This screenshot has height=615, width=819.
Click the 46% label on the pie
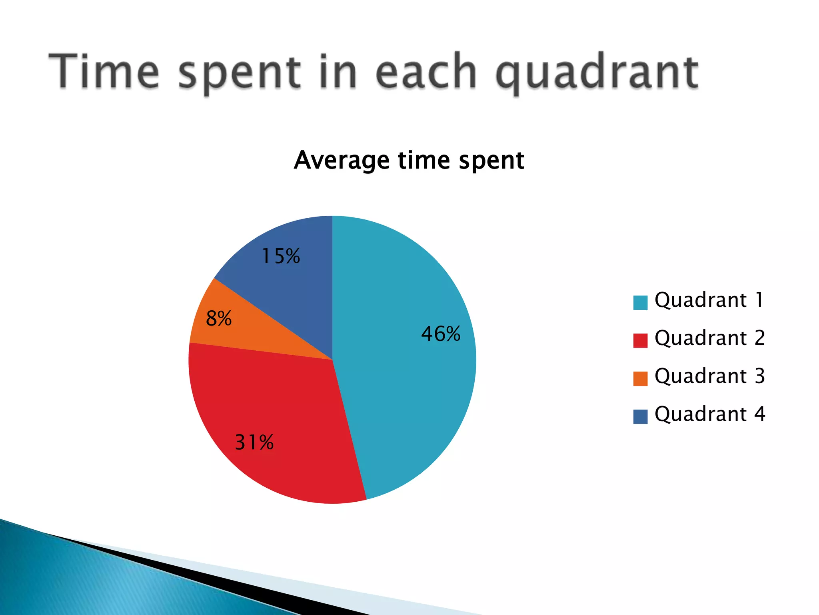click(x=441, y=334)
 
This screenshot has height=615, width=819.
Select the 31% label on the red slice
click(x=254, y=442)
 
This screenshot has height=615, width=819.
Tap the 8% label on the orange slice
click(x=219, y=319)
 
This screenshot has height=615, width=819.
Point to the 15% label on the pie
click(x=280, y=256)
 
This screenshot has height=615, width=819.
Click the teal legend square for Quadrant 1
click(x=640, y=303)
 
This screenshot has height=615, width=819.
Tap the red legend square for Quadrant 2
click(x=640, y=340)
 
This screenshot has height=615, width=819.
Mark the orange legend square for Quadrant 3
click(x=640, y=378)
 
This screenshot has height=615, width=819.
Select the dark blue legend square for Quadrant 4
click(x=640, y=416)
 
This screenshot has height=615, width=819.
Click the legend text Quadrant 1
click(x=709, y=300)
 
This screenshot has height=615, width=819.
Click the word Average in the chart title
click(x=341, y=160)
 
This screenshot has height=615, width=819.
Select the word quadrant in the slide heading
click(x=597, y=72)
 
